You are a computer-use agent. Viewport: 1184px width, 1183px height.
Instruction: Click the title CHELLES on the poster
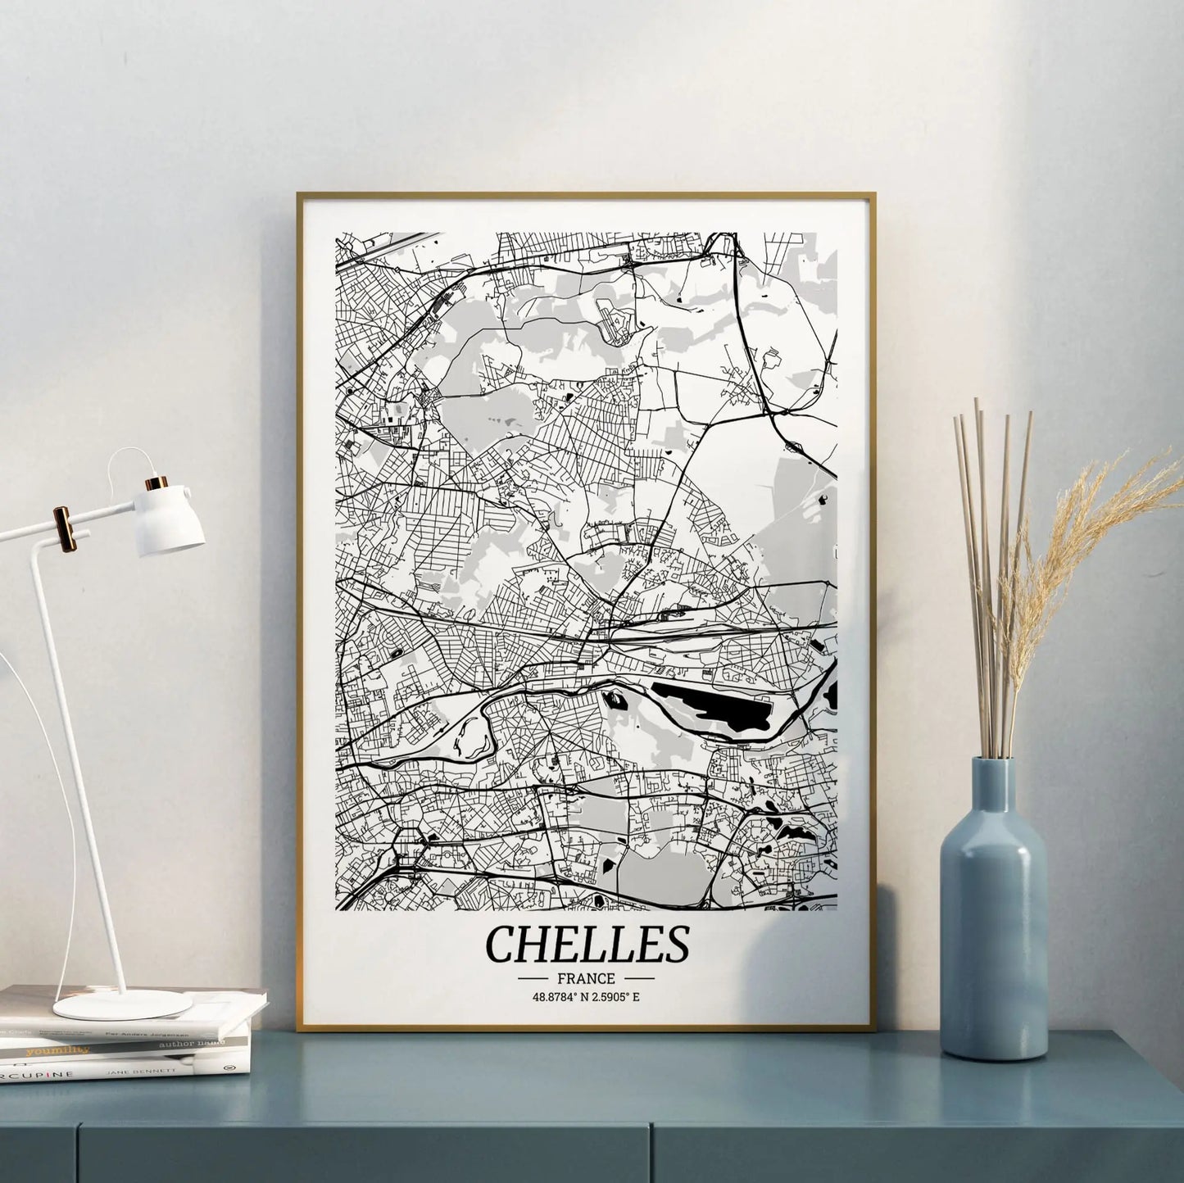[587, 945]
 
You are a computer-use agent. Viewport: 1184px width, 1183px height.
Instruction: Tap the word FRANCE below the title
[586, 978]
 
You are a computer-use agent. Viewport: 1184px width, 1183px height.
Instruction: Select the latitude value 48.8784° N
[560, 997]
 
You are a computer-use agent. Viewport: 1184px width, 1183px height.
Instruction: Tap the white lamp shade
[170, 520]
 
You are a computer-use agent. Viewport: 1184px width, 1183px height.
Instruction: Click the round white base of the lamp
[123, 1004]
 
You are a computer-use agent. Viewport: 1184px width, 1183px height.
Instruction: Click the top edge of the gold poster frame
[586, 195]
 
